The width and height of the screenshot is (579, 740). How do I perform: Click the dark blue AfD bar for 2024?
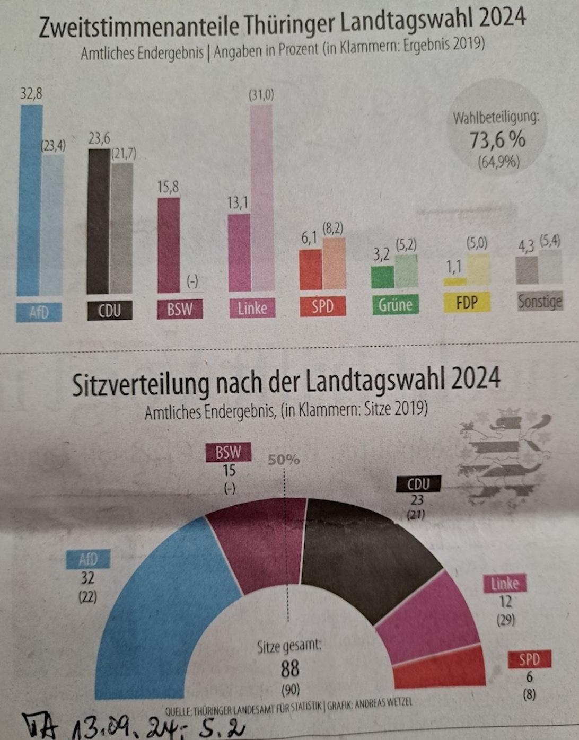29,201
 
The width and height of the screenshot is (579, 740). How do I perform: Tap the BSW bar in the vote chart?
169,245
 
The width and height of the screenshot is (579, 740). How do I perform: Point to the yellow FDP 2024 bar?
454,281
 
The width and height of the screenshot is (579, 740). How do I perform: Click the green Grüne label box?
395,305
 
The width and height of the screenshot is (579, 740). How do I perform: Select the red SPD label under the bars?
322,306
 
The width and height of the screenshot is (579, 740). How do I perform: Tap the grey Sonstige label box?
539,302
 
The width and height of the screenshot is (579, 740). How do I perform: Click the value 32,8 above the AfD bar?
31,94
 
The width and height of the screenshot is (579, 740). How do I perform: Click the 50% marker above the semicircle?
283,460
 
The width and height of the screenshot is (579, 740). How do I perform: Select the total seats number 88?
290,669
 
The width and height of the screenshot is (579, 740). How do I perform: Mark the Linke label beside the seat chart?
504,584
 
